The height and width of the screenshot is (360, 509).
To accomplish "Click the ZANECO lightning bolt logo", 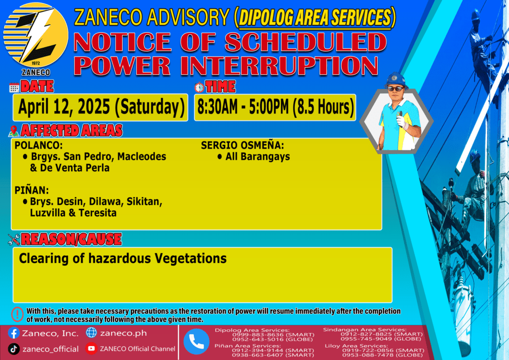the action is [36, 35].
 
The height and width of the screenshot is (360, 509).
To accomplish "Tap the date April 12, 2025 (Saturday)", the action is [101, 107].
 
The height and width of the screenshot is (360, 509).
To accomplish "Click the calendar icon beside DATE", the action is [14, 88].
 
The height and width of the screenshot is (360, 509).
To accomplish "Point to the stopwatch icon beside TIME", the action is [199, 87].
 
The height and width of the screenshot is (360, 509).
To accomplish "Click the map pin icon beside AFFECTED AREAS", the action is [13, 131].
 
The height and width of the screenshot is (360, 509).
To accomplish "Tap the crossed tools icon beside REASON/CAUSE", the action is [13, 240].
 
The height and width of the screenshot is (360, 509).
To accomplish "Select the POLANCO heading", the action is [39, 145].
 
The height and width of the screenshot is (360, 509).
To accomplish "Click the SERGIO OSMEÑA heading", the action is [243, 145].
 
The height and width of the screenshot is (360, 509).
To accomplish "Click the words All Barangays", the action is [258, 157].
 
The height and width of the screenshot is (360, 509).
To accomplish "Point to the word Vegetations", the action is [190, 259].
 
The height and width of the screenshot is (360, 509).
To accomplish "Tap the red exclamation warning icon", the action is [17, 314].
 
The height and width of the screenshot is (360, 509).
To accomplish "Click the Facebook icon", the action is [13, 333].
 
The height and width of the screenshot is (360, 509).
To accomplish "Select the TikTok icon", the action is [13, 349].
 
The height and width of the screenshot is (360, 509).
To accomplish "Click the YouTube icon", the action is [91, 348].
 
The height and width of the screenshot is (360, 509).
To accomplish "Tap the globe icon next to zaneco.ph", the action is [91, 333].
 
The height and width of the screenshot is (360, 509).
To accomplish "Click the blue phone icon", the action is [196, 342].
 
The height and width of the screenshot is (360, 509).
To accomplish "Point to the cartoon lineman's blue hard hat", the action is [395, 80].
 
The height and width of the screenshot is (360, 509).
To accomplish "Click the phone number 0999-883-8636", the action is [257, 335].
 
